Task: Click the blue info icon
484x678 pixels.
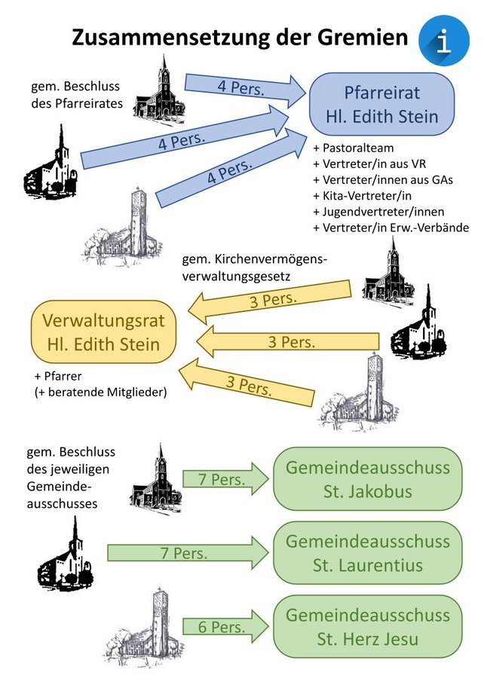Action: tap(445, 40)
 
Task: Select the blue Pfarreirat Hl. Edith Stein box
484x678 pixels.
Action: tap(381, 105)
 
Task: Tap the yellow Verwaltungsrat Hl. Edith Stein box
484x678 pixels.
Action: tap(105, 332)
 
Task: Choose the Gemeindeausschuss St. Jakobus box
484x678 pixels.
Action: tap(367, 479)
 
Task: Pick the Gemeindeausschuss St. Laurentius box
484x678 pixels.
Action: tap(367, 552)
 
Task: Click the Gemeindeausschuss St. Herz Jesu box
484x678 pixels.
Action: tap(367, 626)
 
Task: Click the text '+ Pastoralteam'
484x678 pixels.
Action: tap(354, 148)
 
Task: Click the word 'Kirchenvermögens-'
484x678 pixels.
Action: tap(255, 260)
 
